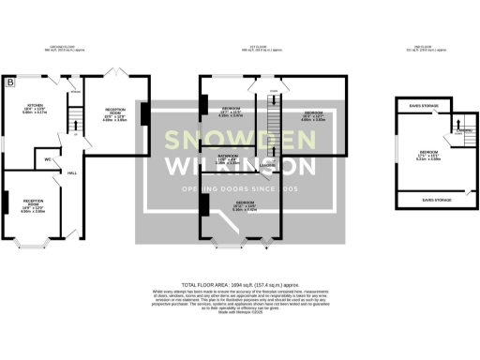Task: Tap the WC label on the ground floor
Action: click(47, 159)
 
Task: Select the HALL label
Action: click(71, 173)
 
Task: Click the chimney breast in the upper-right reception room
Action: click(142, 112)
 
